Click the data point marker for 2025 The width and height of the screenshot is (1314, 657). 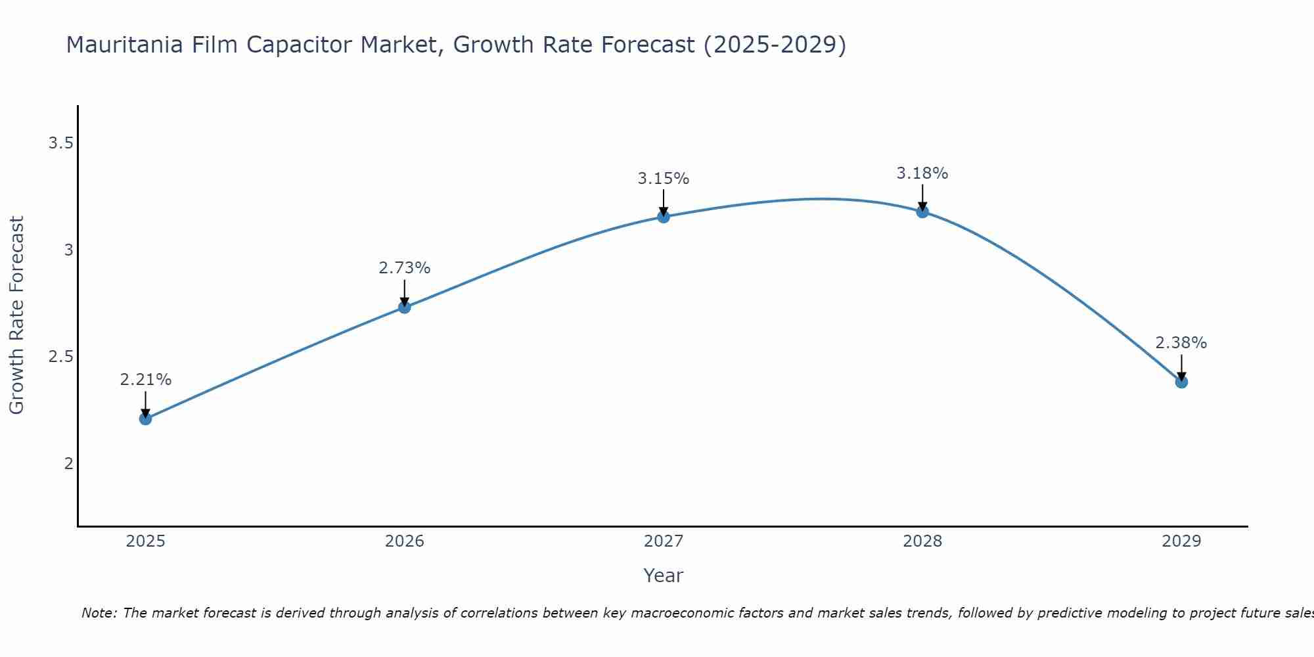tap(145, 419)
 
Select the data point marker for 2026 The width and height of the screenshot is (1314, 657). tap(405, 307)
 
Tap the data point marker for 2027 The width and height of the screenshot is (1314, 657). tap(664, 217)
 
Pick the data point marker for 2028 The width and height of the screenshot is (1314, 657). tap(922, 212)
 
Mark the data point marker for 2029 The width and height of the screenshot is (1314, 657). tap(1181, 382)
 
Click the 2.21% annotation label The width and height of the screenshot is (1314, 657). tap(145, 380)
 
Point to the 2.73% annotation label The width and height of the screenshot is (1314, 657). tap(405, 268)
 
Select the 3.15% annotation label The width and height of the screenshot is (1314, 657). tap(664, 179)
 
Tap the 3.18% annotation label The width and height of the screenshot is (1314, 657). tap(922, 173)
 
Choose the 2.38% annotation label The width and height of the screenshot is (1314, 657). tap(1181, 343)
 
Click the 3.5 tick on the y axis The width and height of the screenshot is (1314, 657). tap(60, 143)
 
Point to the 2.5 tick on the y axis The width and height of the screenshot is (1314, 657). tap(60, 357)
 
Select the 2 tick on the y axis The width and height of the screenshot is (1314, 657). tap(68, 464)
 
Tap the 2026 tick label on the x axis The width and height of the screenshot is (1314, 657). tap(405, 541)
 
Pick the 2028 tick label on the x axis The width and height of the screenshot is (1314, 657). tap(922, 541)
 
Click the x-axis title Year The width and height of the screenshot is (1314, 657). tap(664, 576)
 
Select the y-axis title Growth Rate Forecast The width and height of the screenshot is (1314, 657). tap(17, 315)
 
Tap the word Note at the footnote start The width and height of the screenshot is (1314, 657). tap(99, 613)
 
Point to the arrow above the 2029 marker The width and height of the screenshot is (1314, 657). tap(1181, 368)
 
